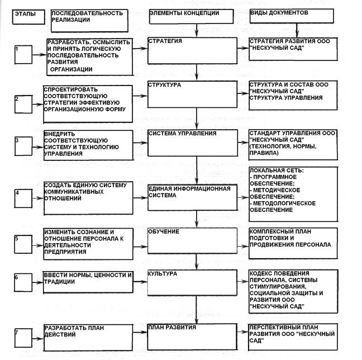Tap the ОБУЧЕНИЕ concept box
click(x=195, y=243)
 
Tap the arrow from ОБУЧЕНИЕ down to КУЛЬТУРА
click(x=197, y=262)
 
